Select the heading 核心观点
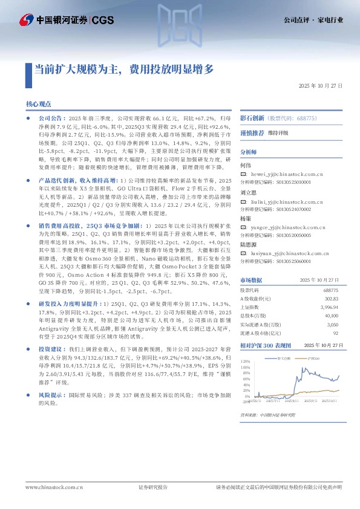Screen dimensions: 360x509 (x=39, y=104)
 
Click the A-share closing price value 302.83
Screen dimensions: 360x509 (x=331, y=299)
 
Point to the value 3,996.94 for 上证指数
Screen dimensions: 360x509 (x=329, y=307)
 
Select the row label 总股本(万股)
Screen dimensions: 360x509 (x=253, y=316)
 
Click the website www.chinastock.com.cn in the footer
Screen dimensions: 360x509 (x=48, y=487)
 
